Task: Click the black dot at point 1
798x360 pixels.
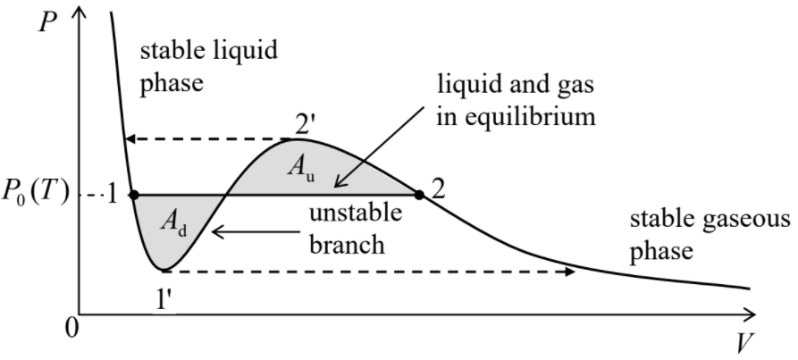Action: coord(133,194)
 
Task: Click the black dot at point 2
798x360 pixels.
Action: coord(418,194)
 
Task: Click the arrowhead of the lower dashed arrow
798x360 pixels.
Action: coord(568,270)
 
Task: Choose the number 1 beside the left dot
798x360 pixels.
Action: coord(113,195)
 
